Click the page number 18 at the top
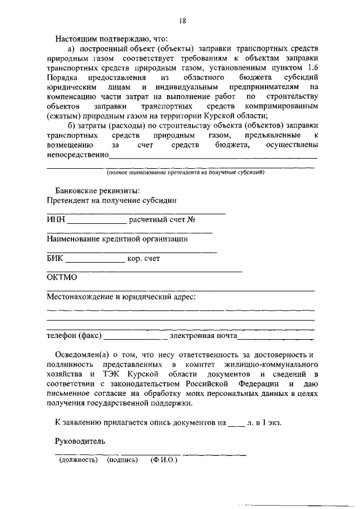[182, 21]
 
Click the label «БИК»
[55, 259]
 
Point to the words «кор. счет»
[144, 259]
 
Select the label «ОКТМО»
[62, 277]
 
